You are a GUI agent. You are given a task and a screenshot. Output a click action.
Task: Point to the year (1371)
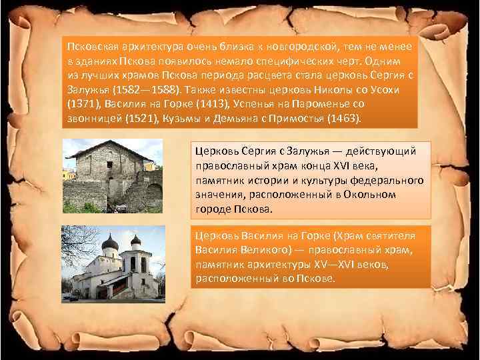[83, 104]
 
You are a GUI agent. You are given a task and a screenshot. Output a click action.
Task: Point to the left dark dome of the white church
[111, 243]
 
